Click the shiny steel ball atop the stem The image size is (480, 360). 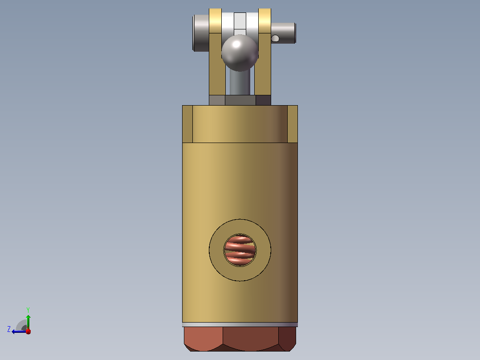(x=240, y=53)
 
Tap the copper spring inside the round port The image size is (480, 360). (x=240, y=250)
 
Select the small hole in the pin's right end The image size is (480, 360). (x=275, y=38)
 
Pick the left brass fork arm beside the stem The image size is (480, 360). (x=217, y=64)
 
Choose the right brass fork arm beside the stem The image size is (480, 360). (x=263, y=64)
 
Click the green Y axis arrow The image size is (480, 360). (x=28, y=322)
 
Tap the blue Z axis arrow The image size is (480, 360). (x=19, y=331)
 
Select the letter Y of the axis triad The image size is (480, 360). (x=28, y=310)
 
